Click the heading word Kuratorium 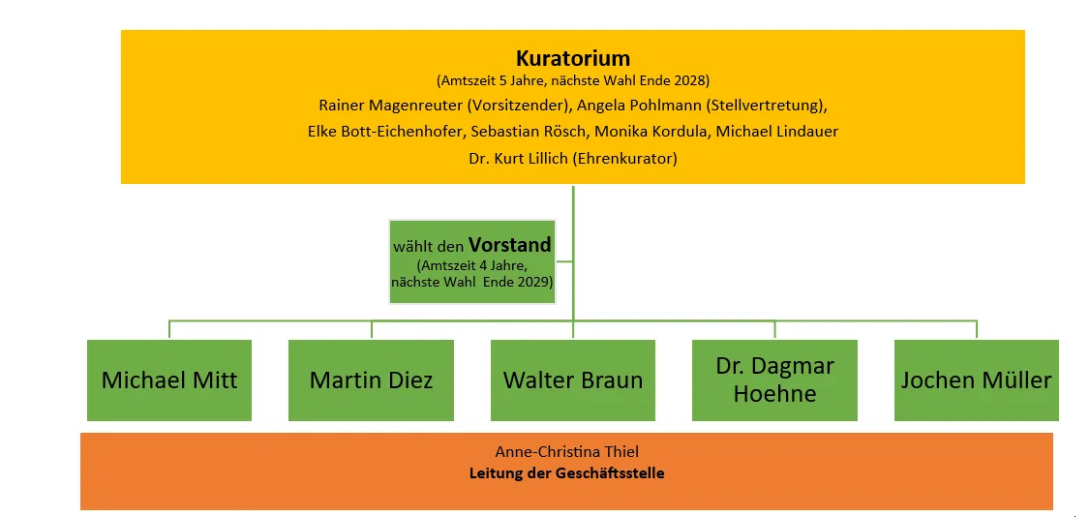(x=572, y=58)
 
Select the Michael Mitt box (x=169, y=380)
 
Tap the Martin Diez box (x=371, y=380)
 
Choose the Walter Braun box (x=573, y=380)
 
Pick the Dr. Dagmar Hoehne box (x=774, y=380)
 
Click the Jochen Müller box (x=976, y=380)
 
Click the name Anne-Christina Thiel (x=566, y=452)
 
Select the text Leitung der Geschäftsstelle (x=566, y=473)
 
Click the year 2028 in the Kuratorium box (x=691, y=80)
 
